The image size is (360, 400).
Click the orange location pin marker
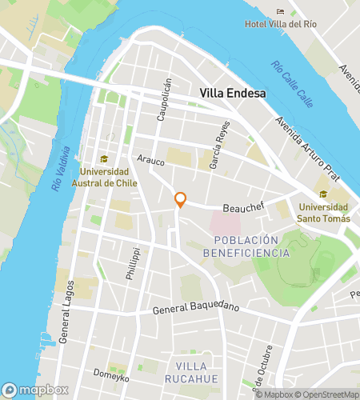[181, 200]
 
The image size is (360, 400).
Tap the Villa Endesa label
[232, 94]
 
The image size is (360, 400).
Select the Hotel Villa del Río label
[281, 24]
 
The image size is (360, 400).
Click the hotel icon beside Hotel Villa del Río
[280, 11]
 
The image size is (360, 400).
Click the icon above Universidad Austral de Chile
[102, 159]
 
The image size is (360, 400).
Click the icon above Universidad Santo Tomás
[322, 194]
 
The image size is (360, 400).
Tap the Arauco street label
[150, 161]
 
